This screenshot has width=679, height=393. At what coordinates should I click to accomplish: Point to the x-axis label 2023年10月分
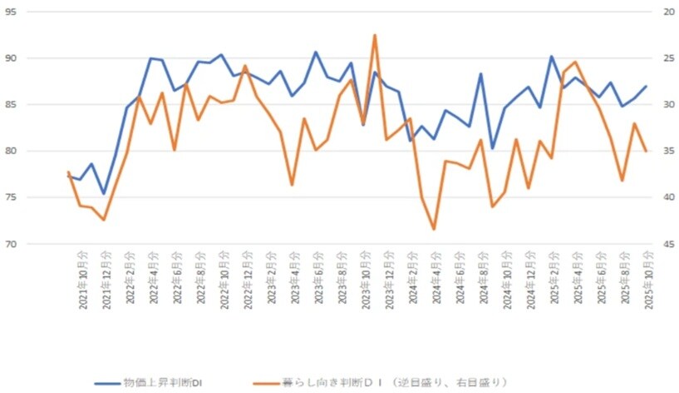(x=364, y=279)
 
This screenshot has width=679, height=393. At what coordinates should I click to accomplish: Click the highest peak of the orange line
(x=375, y=35)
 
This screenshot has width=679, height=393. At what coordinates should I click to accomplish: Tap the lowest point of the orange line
(x=434, y=229)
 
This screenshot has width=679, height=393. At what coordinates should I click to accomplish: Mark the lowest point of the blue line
(x=104, y=194)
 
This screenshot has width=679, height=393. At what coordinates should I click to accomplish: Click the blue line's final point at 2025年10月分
(x=646, y=87)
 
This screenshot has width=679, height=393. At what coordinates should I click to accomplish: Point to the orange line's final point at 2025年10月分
(x=646, y=151)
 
